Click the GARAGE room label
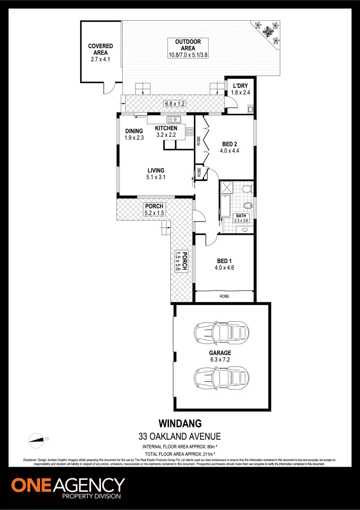coord(221,353)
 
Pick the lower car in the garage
coord(221,376)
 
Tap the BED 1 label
coord(225,261)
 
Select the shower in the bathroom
coord(227,187)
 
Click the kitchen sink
coord(173,119)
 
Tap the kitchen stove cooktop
coord(189,131)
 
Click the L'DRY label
coord(241,85)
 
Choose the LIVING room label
coord(155,170)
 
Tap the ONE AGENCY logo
coord(68,487)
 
